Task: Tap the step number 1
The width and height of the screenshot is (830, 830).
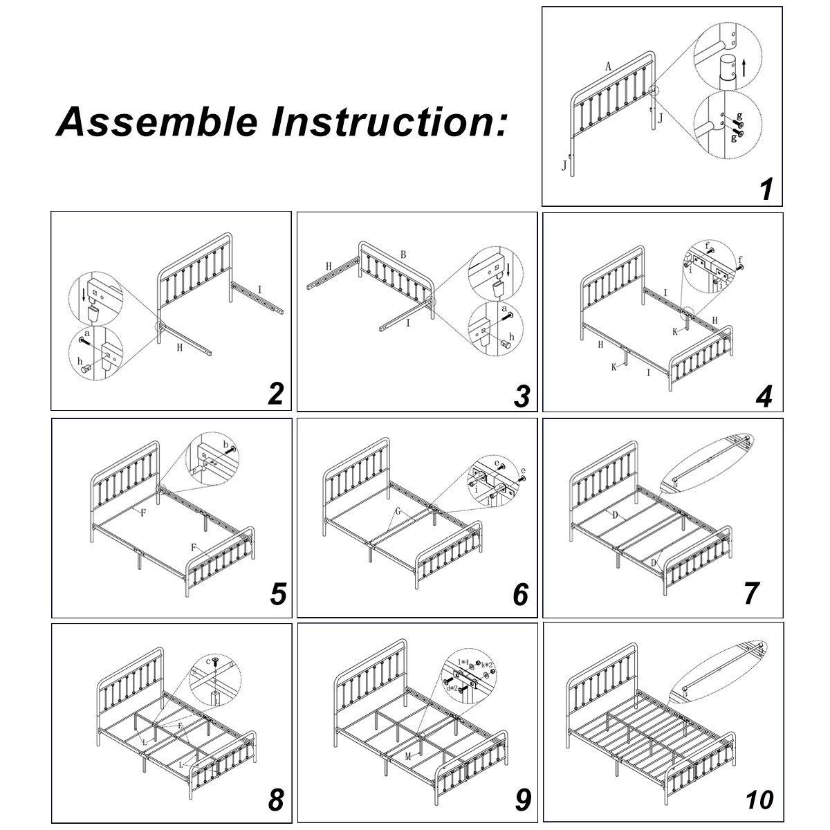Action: click(x=766, y=189)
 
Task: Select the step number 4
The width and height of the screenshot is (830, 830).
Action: click(x=763, y=396)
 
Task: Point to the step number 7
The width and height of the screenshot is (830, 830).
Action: click(x=753, y=593)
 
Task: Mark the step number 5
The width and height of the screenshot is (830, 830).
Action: click(x=278, y=593)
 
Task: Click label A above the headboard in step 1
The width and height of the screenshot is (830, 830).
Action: click(x=608, y=67)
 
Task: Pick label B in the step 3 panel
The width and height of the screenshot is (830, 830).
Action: click(x=403, y=254)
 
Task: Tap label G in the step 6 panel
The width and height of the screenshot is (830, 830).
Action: click(x=398, y=512)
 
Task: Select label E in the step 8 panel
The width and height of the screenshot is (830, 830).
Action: click(x=181, y=726)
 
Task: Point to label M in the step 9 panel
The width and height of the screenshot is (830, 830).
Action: click(x=409, y=757)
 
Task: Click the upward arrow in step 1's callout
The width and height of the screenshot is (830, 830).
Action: click(x=744, y=67)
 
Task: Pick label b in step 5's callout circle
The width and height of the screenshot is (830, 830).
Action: click(x=225, y=443)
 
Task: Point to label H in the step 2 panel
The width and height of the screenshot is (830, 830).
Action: click(x=179, y=348)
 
